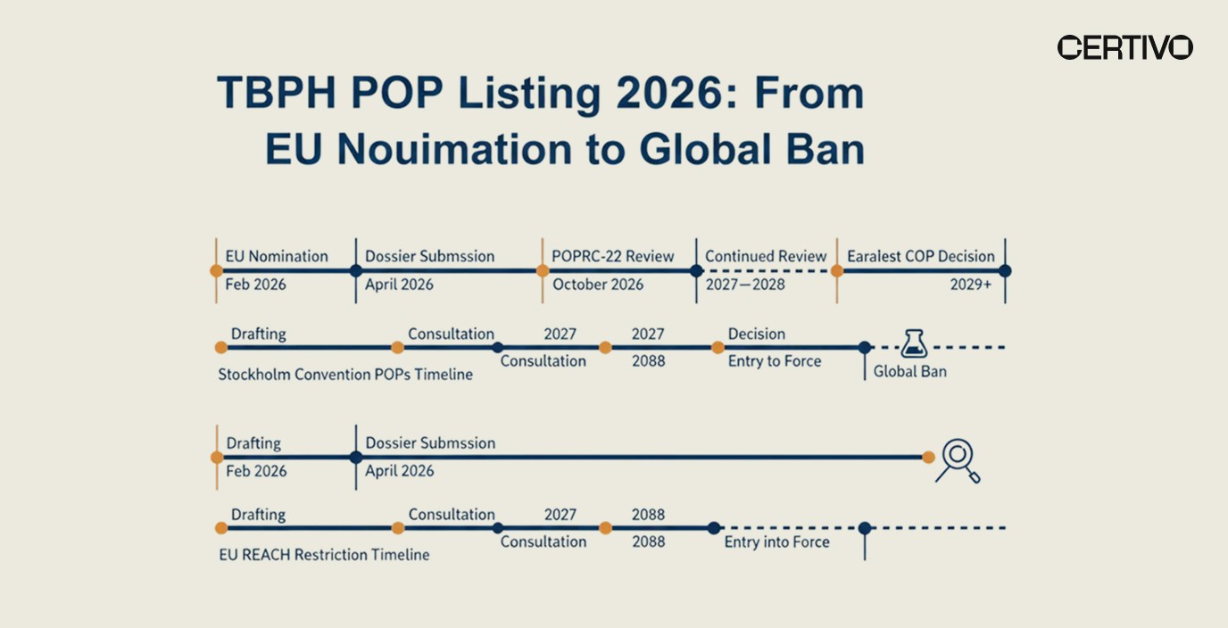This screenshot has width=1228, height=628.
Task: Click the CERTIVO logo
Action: (1124, 47)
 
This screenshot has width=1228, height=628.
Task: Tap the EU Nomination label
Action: (277, 256)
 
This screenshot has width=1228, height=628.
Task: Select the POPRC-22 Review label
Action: (613, 256)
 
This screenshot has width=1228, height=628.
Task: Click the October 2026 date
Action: (598, 285)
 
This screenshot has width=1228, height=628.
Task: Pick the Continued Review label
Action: (766, 256)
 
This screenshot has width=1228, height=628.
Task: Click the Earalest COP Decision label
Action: (920, 256)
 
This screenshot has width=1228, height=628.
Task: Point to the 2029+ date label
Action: (970, 285)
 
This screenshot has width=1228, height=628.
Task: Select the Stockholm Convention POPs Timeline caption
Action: (345, 375)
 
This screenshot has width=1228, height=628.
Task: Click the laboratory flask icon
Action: (914, 343)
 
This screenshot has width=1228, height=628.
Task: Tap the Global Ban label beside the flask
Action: (909, 371)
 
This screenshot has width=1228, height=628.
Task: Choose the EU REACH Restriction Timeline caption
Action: (324, 555)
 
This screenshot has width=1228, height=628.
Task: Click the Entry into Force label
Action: (776, 541)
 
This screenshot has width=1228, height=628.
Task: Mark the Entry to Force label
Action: (775, 361)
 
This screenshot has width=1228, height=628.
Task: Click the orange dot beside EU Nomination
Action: (216, 270)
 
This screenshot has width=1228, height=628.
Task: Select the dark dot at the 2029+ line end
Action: (1005, 270)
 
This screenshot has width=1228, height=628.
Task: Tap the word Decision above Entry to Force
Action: (757, 334)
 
